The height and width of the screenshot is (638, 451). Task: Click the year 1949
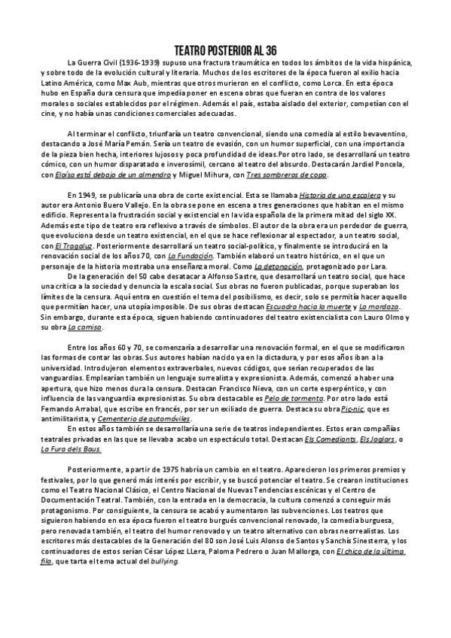[x=89, y=194]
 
